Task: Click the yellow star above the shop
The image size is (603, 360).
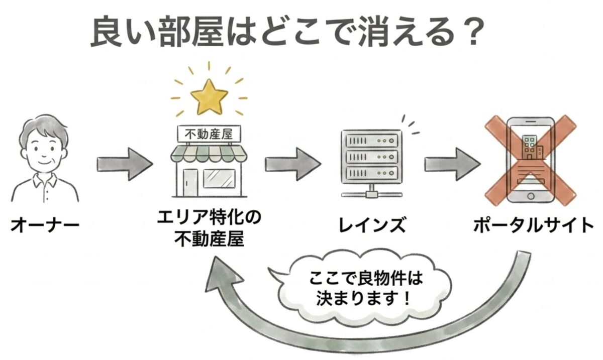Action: pos(209,96)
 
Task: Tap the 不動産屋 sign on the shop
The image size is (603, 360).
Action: pos(209,134)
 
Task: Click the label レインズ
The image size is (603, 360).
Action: pos(371,225)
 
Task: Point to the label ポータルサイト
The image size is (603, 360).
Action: pos(534,225)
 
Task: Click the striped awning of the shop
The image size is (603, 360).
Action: pos(209,153)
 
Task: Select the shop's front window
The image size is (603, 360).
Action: pos(222,177)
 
